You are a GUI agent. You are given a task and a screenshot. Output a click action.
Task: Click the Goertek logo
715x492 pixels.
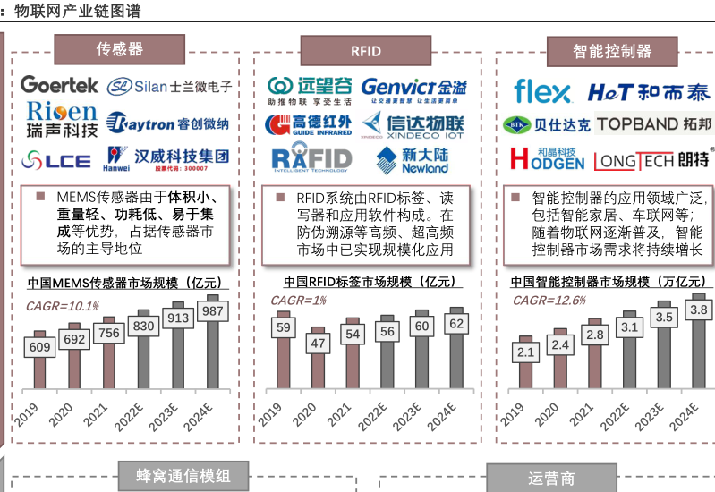pos(59,86)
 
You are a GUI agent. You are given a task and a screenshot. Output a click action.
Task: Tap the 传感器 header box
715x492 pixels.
pos(120,49)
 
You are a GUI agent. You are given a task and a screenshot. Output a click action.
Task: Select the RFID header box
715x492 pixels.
pos(366,51)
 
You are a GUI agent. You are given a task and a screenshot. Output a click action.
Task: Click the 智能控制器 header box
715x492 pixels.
pos(613,51)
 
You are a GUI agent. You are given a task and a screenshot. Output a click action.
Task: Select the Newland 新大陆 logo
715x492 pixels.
pos(413,160)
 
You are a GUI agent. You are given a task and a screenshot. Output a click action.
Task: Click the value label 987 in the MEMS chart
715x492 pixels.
pos(212,310)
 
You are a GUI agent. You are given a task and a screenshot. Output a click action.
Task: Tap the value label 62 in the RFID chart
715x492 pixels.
pos(456,323)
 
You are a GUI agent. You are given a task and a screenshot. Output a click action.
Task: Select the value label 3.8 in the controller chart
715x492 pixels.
pos(698,310)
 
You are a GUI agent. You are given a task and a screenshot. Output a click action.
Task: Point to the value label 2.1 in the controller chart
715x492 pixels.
pos(526,352)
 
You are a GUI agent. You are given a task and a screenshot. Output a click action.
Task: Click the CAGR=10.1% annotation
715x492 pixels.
pos(62,306)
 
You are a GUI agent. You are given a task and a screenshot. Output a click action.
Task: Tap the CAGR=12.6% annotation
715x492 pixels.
pos(548,301)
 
